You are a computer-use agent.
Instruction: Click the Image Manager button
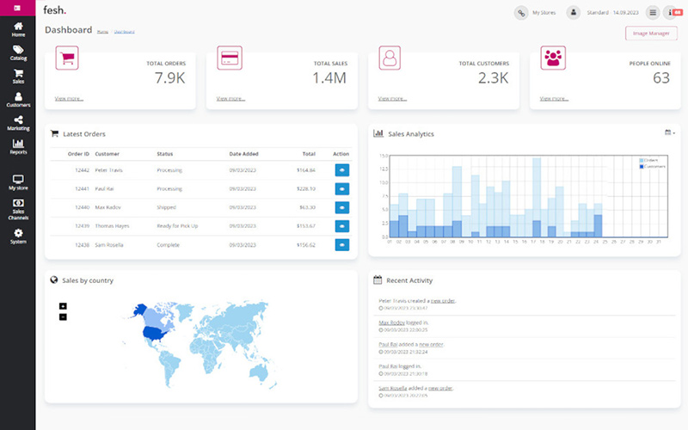pyautogui.click(x=651, y=34)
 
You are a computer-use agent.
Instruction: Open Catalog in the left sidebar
pyautogui.click(x=18, y=53)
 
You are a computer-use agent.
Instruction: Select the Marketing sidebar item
pyautogui.click(x=18, y=123)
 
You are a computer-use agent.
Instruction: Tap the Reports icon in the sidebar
pyautogui.click(x=18, y=146)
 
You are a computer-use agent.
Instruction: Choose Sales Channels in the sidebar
pyautogui.click(x=18, y=210)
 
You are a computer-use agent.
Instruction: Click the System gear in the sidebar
pyautogui.click(x=18, y=235)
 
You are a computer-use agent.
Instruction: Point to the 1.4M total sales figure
pyautogui.click(x=329, y=78)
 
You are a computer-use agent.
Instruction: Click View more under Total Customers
pyautogui.click(x=393, y=99)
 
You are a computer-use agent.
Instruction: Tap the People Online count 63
pyautogui.click(x=660, y=78)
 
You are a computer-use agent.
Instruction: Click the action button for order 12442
pyautogui.click(x=341, y=170)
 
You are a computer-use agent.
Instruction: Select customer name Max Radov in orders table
pyautogui.click(x=108, y=207)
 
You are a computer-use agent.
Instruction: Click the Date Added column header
pyautogui.click(x=243, y=154)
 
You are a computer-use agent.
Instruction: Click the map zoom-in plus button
pyautogui.click(x=63, y=305)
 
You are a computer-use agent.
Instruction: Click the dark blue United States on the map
pyautogui.click(x=154, y=332)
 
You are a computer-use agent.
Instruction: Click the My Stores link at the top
pyautogui.click(x=544, y=13)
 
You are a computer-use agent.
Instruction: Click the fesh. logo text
pyautogui.click(x=55, y=10)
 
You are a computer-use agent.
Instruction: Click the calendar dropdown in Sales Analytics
pyautogui.click(x=670, y=132)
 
